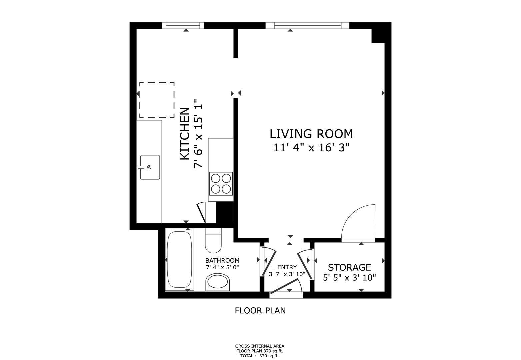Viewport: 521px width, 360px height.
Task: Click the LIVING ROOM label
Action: (311, 134)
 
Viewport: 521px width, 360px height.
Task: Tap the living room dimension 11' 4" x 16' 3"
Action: (311, 148)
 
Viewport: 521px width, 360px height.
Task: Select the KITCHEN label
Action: (185, 134)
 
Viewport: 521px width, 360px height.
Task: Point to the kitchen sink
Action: (150, 167)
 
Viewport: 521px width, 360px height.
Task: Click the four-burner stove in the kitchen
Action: (221, 184)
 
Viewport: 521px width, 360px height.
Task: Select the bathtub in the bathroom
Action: (180, 260)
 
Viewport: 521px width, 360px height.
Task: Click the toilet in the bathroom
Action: (213, 240)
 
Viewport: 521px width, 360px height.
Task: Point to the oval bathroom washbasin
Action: (218, 282)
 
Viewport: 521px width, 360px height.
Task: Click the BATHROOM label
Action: (222, 260)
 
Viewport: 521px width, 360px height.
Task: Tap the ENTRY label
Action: (287, 267)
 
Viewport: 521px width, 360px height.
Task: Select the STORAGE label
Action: (349, 268)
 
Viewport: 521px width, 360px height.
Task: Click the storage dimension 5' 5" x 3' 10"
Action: (349, 278)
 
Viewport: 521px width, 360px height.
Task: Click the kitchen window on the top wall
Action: (183, 25)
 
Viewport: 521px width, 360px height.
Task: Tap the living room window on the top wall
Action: (307, 25)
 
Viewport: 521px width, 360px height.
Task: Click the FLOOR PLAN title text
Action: (260, 311)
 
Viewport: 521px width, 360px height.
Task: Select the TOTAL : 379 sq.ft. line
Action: (260, 356)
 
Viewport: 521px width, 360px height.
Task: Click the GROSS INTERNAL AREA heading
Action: (260, 346)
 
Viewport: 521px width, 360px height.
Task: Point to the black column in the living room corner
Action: (378, 36)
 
